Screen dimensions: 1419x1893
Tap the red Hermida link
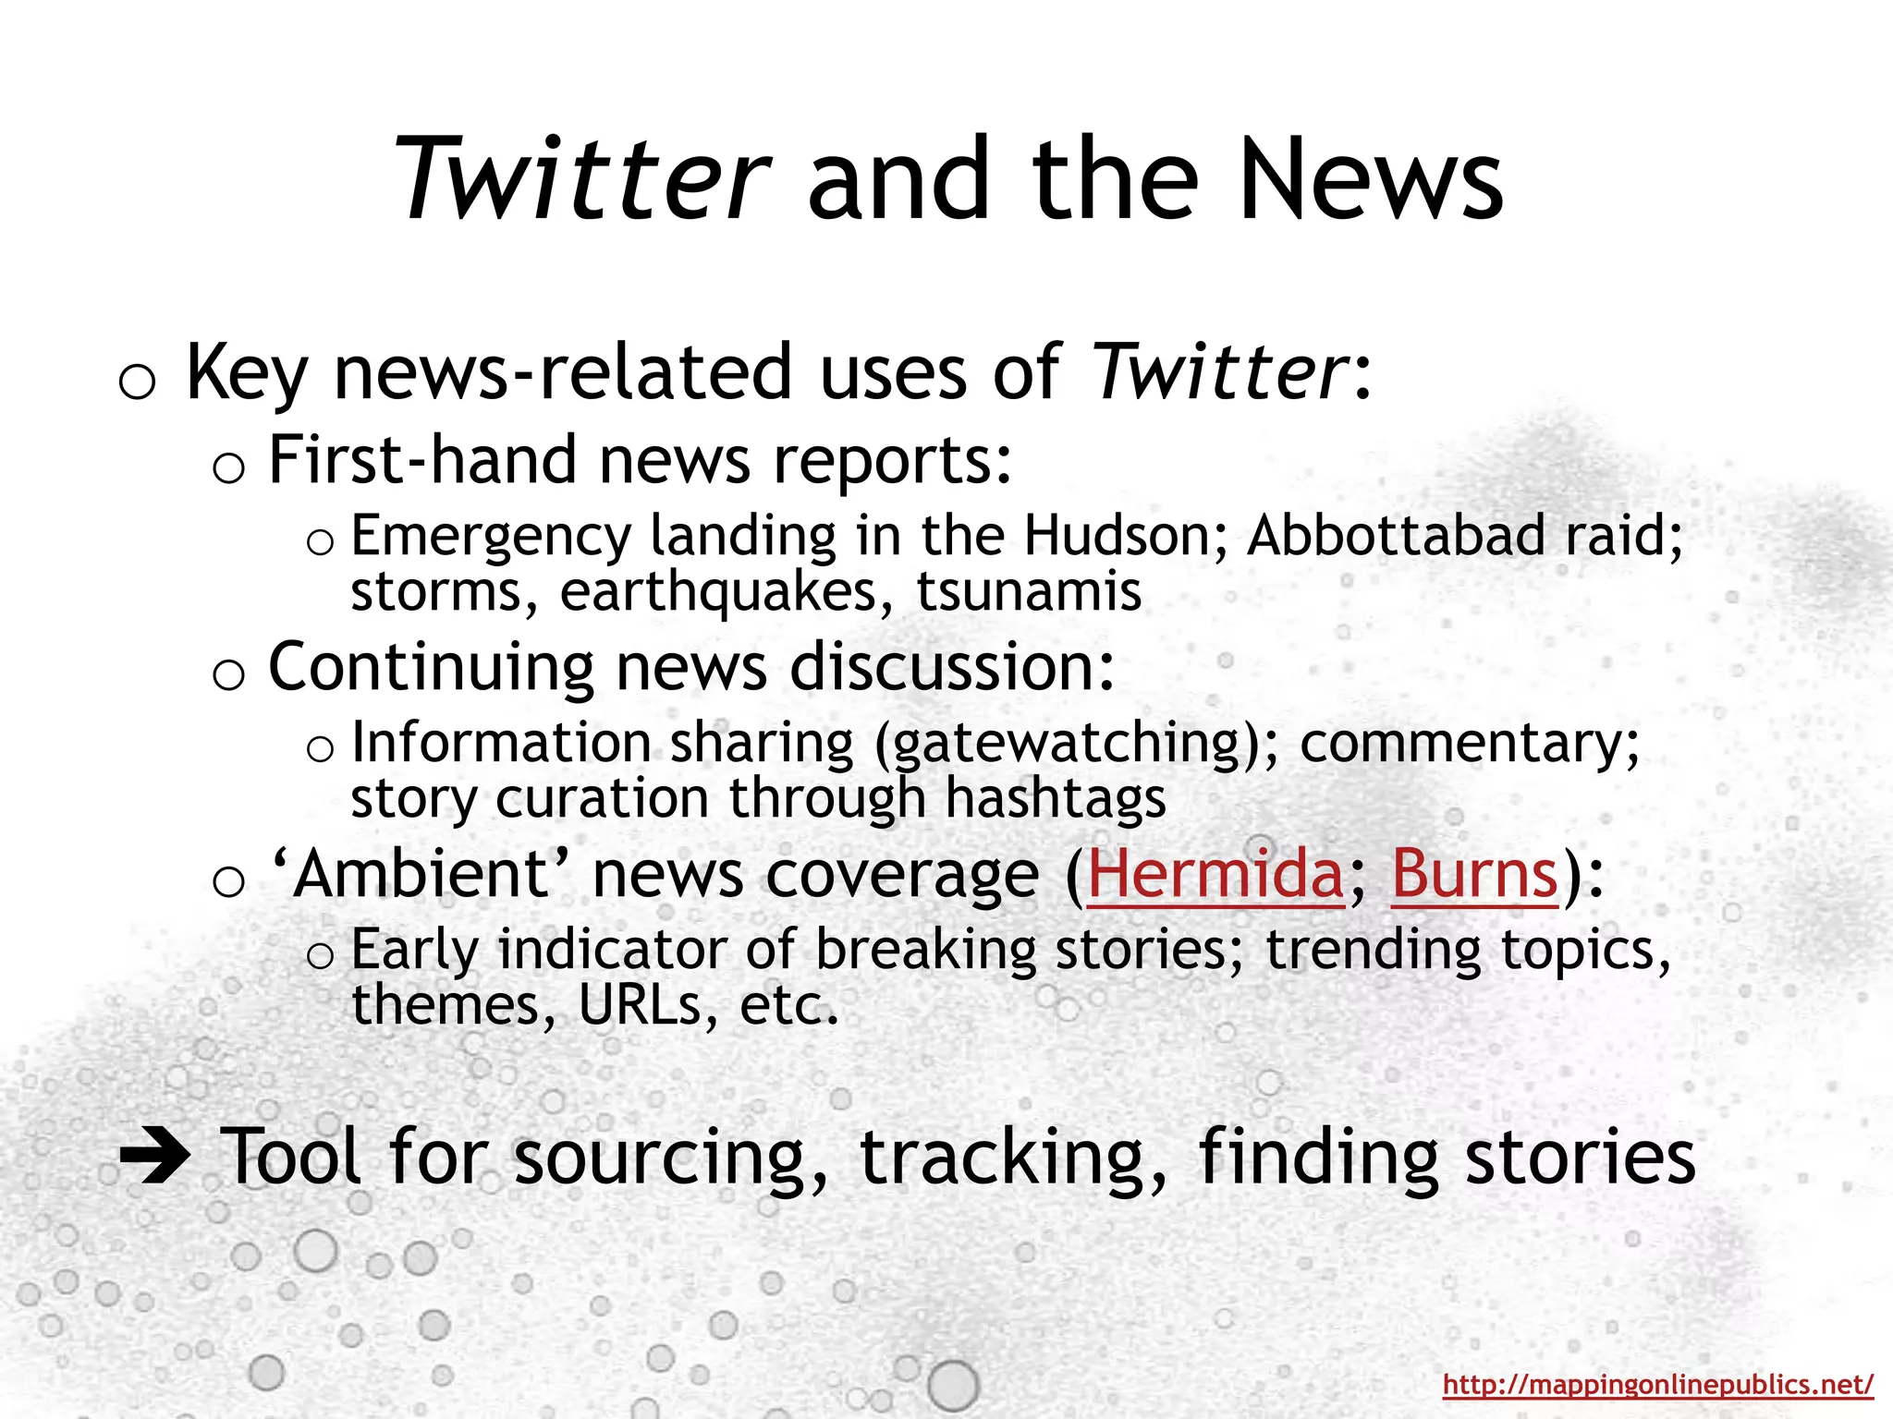pyautogui.click(x=1215, y=874)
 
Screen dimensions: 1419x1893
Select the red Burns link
pyautogui.click(x=1474, y=874)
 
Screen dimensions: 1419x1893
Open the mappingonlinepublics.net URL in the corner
pyautogui.click(x=1658, y=1384)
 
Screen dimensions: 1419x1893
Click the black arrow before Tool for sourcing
pyautogui.click(x=155, y=1155)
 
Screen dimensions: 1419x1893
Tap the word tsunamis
pyautogui.click(x=1029, y=592)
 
